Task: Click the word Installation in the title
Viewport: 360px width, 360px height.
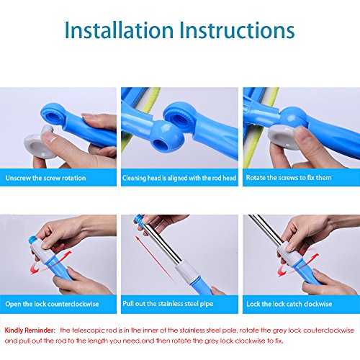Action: (119, 30)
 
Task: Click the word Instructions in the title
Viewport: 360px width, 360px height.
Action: (237, 30)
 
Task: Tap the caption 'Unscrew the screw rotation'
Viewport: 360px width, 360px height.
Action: (45, 178)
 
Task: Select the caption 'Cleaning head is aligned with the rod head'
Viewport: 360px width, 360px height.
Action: (179, 178)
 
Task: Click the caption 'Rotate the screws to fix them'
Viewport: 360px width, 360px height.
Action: (289, 178)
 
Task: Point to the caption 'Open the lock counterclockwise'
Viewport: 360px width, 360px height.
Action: (52, 304)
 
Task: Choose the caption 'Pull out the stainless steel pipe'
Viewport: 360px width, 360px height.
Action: (168, 304)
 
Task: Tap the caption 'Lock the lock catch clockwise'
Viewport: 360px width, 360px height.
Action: (289, 304)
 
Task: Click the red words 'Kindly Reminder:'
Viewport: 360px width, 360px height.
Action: (30, 330)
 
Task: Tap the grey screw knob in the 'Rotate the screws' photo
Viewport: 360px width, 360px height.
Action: (283, 137)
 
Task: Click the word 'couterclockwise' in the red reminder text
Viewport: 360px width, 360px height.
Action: (328, 330)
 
